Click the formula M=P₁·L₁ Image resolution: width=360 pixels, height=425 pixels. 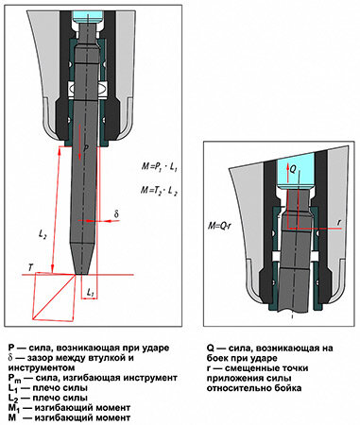pyautogui.click(x=160, y=166)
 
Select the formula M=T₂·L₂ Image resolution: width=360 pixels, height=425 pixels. pyautogui.click(x=159, y=191)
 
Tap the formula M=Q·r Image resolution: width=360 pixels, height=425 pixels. pyautogui.click(x=219, y=226)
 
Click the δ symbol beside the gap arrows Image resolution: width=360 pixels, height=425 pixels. pyautogui.click(x=116, y=214)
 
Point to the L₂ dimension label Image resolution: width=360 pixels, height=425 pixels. pyautogui.click(x=43, y=234)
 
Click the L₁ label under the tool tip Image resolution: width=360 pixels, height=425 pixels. pyautogui.click(x=91, y=293)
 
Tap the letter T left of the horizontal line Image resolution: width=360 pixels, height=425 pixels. pyautogui.click(x=30, y=268)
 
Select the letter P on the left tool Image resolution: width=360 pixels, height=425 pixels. pyautogui.click(x=87, y=147)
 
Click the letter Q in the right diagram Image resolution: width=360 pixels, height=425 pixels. pyautogui.click(x=293, y=170)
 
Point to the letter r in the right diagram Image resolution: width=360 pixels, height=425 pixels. pyautogui.click(x=339, y=222)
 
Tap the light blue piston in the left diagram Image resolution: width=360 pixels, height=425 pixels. pyautogui.click(x=88, y=16)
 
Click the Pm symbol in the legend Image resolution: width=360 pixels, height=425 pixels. pyautogui.click(x=14, y=378)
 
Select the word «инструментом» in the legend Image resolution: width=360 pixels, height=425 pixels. pyautogui.click(x=42, y=368)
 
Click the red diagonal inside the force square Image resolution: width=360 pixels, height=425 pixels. pyautogui.click(x=54, y=297)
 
